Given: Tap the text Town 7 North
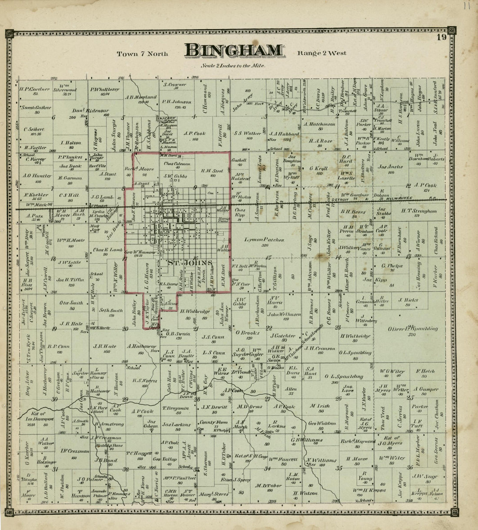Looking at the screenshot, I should click(x=142, y=54).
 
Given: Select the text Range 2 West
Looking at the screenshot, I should click(x=322, y=53).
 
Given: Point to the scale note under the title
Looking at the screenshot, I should click(x=233, y=66).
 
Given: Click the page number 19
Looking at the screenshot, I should click(x=441, y=37).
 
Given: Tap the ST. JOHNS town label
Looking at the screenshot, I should click(x=190, y=263).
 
